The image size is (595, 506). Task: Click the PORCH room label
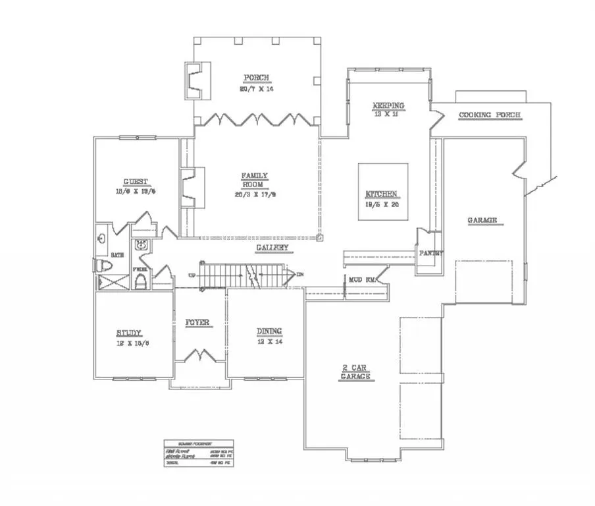(256, 77)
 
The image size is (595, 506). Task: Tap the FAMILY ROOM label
(254, 180)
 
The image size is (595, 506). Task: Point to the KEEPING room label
(388, 105)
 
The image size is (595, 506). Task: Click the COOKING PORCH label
(490, 115)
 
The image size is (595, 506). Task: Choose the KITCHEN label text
(381, 194)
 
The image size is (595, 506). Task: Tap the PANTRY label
(431, 253)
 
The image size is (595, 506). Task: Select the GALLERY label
(272, 248)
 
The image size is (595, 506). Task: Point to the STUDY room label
(130, 333)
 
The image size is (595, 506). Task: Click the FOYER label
(197, 322)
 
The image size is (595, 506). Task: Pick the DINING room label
(269, 331)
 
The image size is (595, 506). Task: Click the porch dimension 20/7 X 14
(256, 88)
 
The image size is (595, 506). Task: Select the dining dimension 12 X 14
(269, 342)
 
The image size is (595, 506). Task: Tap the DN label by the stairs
(300, 274)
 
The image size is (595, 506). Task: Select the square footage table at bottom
(199, 455)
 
